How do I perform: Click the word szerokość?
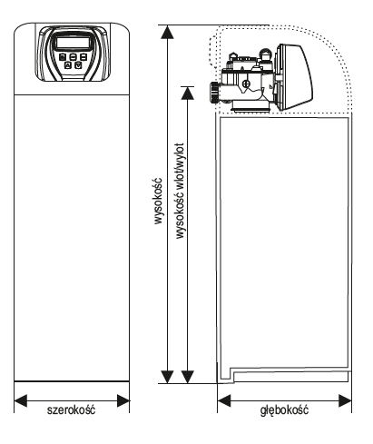click(x=71, y=410)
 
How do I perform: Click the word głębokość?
click(x=284, y=410)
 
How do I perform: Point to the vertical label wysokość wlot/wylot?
click(x=180, y=191)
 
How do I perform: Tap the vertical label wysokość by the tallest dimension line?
click(x=158, y=201)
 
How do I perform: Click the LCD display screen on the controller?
click(x=73, y=43)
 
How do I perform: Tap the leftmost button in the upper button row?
click(x=63, y=56)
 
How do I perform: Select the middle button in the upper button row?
click(x=73, y=56)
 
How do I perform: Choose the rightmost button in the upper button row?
click(x=83, y=56)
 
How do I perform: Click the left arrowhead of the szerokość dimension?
click(x=21, y=400)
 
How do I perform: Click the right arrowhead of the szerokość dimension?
click(x=123, y=400)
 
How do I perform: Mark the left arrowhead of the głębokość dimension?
click(x=224, y=400)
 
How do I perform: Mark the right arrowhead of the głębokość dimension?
click(x=345, y=400)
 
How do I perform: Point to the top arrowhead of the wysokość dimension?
click(x=167, y=33)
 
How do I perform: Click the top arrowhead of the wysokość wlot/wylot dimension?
click(x=188, y=94)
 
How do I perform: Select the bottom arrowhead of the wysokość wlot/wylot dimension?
click(x=188, y=377)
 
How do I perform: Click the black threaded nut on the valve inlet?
click(x=214, y=93)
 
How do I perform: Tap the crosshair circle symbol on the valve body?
click(x=246, y=84)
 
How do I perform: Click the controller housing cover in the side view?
click(x=295, y=77)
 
